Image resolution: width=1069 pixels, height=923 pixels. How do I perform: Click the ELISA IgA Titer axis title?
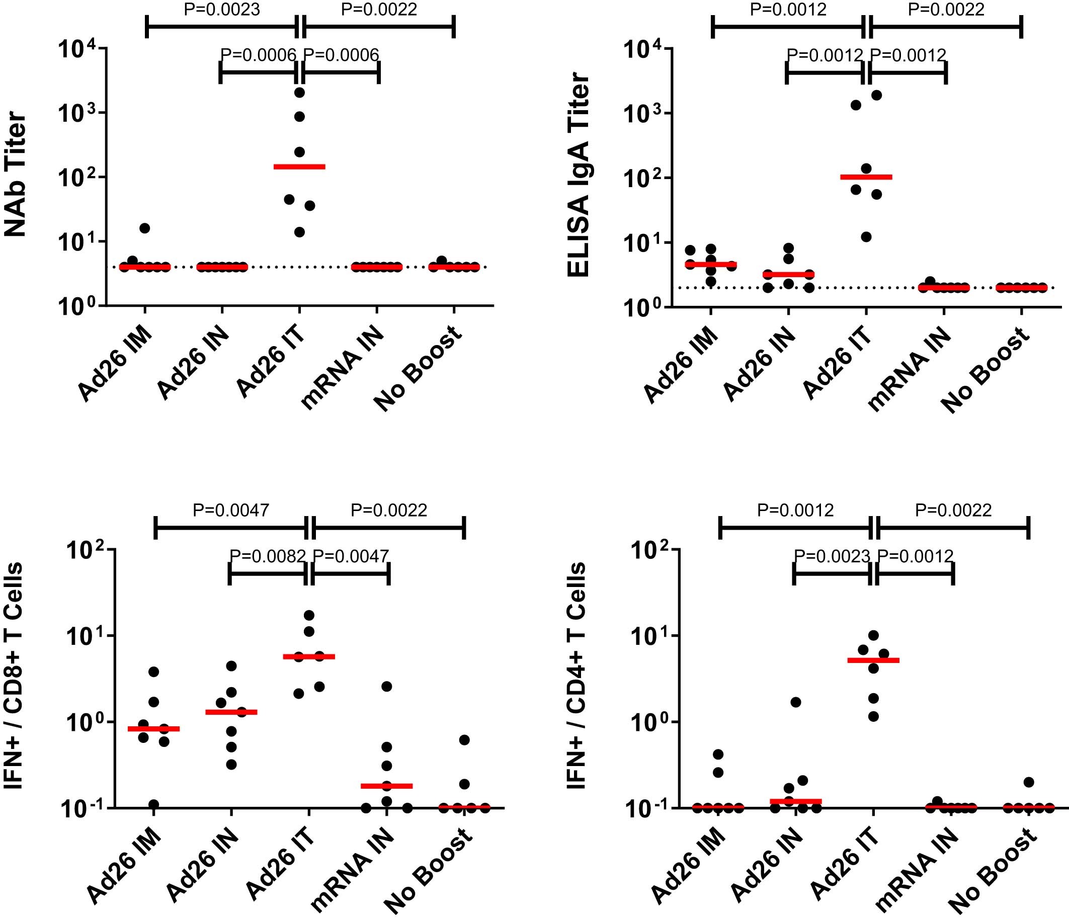579,176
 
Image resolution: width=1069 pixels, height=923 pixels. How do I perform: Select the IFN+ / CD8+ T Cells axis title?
15,676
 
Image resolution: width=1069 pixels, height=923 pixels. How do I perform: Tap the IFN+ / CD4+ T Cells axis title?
577,676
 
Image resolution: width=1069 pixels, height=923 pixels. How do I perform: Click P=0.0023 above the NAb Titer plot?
222,9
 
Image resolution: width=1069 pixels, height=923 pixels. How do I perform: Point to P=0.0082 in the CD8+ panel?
268,556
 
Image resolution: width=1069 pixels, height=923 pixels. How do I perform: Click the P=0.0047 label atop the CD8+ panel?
230,510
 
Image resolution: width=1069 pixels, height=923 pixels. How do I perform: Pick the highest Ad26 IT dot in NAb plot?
300,93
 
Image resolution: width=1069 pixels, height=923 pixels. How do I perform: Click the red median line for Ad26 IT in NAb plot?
299,166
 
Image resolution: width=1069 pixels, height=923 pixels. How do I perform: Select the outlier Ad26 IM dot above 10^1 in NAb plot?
145,228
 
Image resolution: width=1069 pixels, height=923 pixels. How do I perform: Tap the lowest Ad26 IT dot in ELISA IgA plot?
866,237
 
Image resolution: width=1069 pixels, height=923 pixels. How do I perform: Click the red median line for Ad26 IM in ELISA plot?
710,264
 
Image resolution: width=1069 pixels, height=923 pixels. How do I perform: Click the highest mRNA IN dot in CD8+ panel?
387,686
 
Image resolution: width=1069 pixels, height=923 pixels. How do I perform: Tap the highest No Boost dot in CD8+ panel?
464,740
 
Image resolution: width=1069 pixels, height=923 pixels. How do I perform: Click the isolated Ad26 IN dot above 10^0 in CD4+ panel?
796,702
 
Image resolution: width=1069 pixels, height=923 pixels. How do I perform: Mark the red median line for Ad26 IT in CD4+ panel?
873,660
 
